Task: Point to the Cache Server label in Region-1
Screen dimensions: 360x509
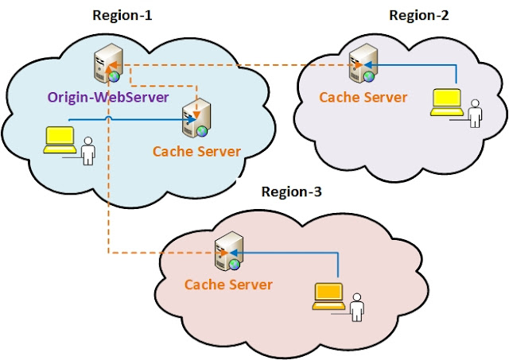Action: point(196,151)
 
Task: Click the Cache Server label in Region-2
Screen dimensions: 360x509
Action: point(363,97)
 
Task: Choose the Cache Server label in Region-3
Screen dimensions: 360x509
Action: point(228,284)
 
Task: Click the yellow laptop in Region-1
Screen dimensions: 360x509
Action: point(60,140)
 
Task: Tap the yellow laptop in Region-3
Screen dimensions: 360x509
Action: point(328,296)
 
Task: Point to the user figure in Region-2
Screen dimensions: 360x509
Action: point(476,113)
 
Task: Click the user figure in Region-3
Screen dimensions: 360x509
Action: point(358,306)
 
